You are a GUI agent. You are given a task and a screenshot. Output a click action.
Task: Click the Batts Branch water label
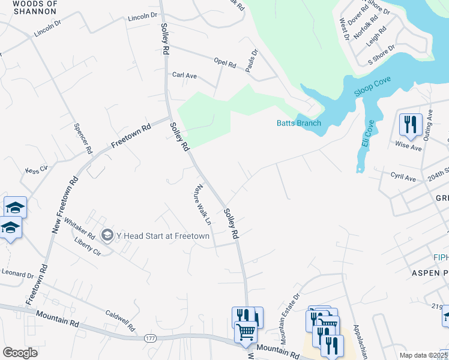click(298, 123)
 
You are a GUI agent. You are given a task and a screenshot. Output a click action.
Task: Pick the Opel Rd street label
click(224, 61)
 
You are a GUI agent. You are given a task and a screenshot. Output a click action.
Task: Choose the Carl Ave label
click(184, 76)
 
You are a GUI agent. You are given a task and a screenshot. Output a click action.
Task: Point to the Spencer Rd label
click(82, 137)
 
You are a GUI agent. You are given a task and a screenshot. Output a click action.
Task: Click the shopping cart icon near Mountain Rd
click(245, 331)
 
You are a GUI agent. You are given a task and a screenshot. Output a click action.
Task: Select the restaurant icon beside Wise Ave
click(411, 124)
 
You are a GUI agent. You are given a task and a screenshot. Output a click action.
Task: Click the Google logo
click(20, 352)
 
